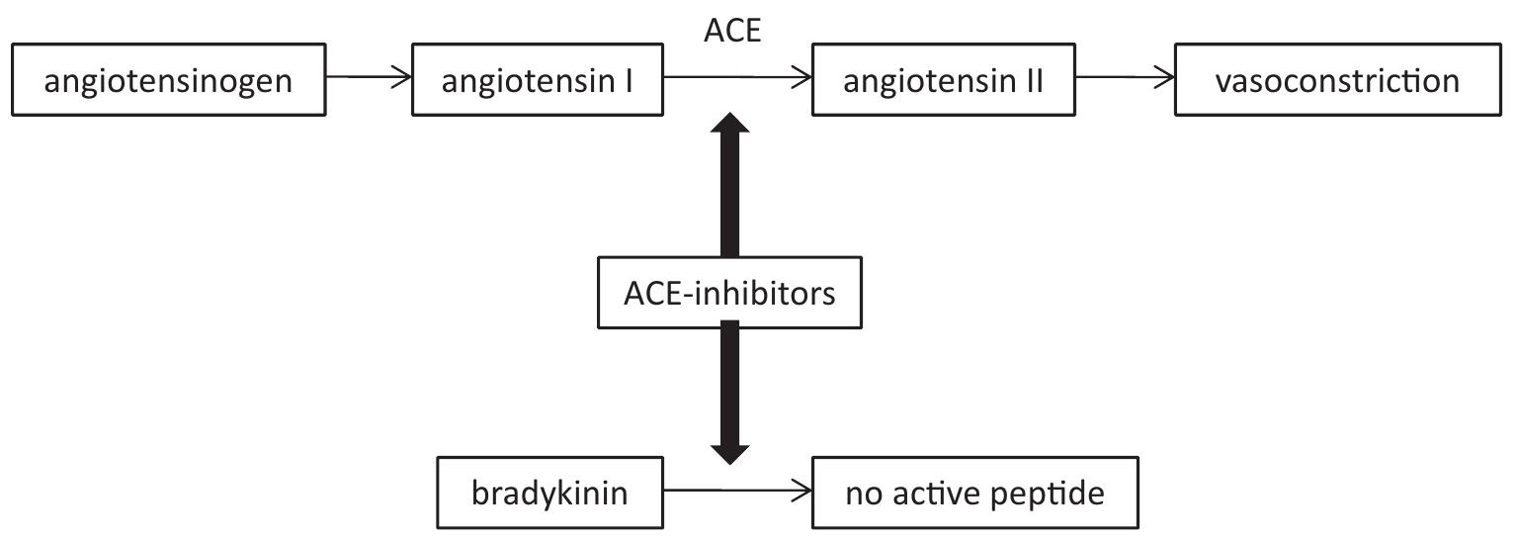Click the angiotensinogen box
168,79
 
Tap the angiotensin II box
943,79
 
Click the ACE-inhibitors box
730,293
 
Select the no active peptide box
974,492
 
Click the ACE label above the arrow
731,32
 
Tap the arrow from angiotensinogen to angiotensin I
368,78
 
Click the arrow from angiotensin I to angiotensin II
737,78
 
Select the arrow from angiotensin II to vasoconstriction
1125,78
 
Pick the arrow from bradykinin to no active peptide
737,491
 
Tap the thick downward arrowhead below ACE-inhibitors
730,451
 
